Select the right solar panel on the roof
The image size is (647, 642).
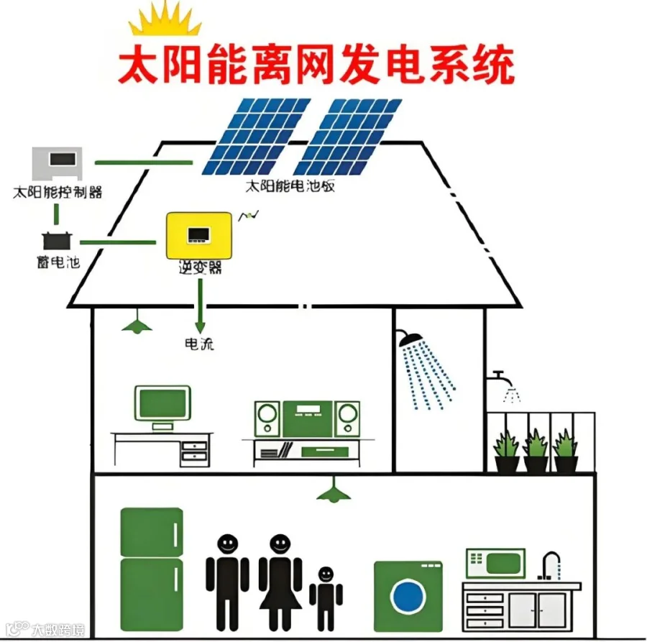coord(349,137)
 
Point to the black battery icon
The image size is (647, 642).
coord(55,240)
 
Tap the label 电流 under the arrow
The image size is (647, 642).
coord(199,344)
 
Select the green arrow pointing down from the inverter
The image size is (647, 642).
coord(201,302)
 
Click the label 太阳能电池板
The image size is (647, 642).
coord(290,186)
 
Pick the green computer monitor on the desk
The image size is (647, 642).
coord(162,405)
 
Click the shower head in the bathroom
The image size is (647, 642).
coord(411,339)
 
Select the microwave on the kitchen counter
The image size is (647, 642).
coord(495,563)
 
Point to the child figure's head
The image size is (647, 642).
coord(326,574)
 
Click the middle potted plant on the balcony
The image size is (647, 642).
coord(536,451)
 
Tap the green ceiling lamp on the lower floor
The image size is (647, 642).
coord(334,492)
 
